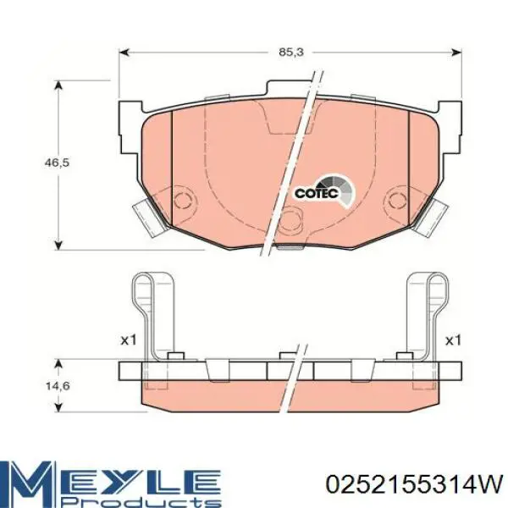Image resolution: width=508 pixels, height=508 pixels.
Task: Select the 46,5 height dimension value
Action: pyautogui.click(x=57, y=163)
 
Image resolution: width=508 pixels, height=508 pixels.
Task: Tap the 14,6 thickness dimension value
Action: pyautogui.click(x=58, y=386)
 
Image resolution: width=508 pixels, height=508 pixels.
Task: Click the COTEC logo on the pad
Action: pyautogui.click(x=324, y=192)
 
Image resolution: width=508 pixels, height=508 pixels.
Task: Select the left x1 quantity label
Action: pyautogui.click(x=129, y=340)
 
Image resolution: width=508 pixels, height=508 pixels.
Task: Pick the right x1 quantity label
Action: pyautogui.click(x=453, y=340)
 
